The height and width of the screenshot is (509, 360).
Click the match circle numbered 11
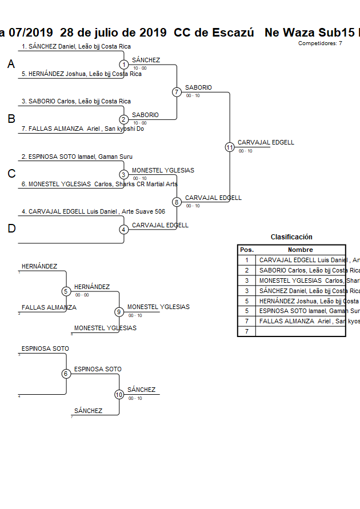230,147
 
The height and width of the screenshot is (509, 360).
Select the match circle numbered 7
177,92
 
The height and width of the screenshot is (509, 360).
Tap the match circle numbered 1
123,65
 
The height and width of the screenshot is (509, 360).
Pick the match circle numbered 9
119,312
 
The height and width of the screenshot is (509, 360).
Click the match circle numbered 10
119,394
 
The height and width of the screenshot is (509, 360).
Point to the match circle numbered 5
66,291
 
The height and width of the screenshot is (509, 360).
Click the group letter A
11,65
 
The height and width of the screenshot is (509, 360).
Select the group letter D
11,229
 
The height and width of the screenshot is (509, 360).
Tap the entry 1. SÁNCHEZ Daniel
76,46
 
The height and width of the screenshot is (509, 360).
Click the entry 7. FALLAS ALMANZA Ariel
82,129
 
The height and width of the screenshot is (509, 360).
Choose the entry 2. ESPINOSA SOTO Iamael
77,156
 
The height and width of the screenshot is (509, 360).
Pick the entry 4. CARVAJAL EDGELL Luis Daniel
93,211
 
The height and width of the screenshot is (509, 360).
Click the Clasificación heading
291,237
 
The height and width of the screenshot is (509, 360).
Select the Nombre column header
300,250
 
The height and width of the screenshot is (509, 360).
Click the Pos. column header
246,250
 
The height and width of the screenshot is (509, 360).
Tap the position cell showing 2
246,270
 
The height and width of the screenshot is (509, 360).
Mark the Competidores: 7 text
320,43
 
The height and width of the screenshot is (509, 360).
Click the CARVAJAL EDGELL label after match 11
266,142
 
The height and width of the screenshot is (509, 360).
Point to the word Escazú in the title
231,33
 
